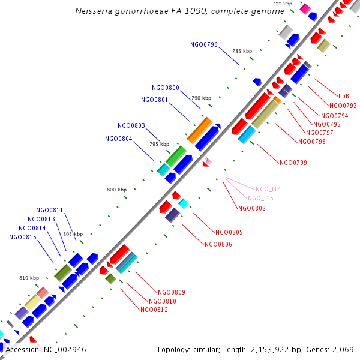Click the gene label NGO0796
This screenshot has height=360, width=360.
pyautogui.click(x=203, y=44)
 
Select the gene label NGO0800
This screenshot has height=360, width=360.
pyautogui.click(x=165, y=88)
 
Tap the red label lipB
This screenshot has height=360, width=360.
pyautogui.click(x=344, y=95)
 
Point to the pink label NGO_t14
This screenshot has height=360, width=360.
pyautogui.click(x=268, y=189)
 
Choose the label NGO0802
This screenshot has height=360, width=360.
pyautogui.click(x=252, y=208)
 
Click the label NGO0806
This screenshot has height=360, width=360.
pyautogui.click(x=218, y=244)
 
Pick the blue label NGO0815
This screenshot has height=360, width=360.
pyautogui.click(x=23, y=237)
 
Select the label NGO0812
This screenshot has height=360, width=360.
pyautogui.click(x=154, y=310)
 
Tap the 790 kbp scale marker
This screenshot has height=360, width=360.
pyautogui.click(x=202, y=98)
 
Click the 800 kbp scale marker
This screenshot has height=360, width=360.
pyautogui.click(x=117, y=190)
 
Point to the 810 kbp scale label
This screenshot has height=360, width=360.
pyautogui.click(x=29, y=278)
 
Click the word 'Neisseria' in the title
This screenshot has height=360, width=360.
pyautogui.click(x=96, y=11)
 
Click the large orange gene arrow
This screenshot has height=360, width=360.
pyautogui.click(x=200, y=130)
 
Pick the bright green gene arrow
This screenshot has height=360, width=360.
pyautogui.click(x=176, y=156)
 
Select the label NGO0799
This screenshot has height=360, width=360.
pyautogui.click(x=293, y=162)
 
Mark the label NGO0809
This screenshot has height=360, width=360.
pyautogui.click(x=171, y=292)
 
